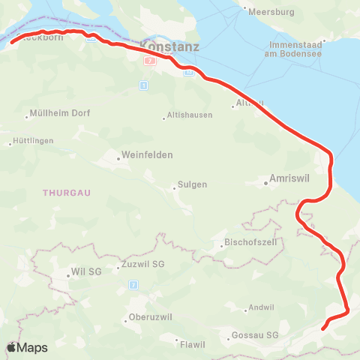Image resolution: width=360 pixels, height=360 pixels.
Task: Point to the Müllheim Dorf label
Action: tap(61, 114)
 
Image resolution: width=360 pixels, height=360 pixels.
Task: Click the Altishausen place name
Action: tap(190, 115)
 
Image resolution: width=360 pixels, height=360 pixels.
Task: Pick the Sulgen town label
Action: tap(192, 184)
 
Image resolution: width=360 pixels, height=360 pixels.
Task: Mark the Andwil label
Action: tap(263, 307)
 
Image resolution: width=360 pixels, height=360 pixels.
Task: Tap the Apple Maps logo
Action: tap(27, 347)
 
